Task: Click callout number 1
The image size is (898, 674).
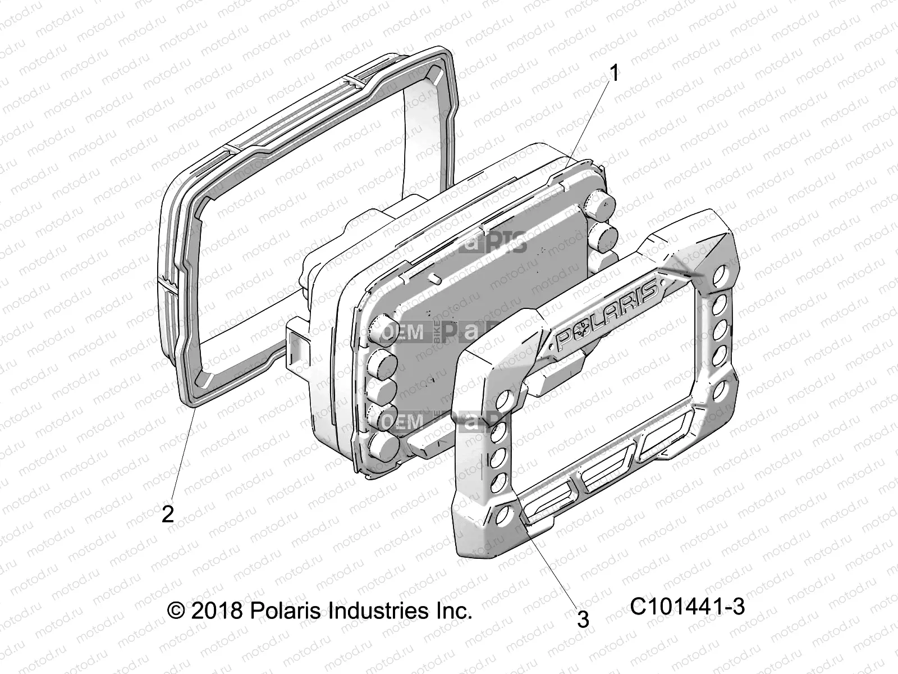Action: click(615, 74)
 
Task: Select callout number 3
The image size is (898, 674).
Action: click(583, 620)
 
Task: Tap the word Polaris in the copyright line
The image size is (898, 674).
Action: click(283, 609)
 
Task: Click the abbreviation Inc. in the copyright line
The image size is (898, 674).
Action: click(453, 609)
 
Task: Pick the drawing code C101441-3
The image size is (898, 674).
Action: click(687, 607)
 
